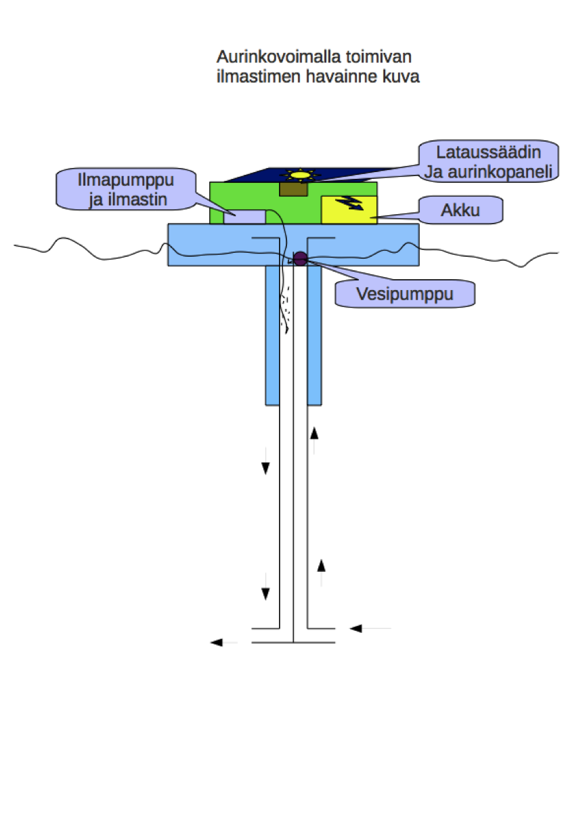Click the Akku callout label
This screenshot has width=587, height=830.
pos(460,210)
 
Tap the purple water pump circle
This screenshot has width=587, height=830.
pos(299,257)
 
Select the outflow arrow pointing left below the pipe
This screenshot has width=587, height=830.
pos(223,642)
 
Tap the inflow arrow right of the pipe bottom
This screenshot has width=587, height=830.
pos(370,629)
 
